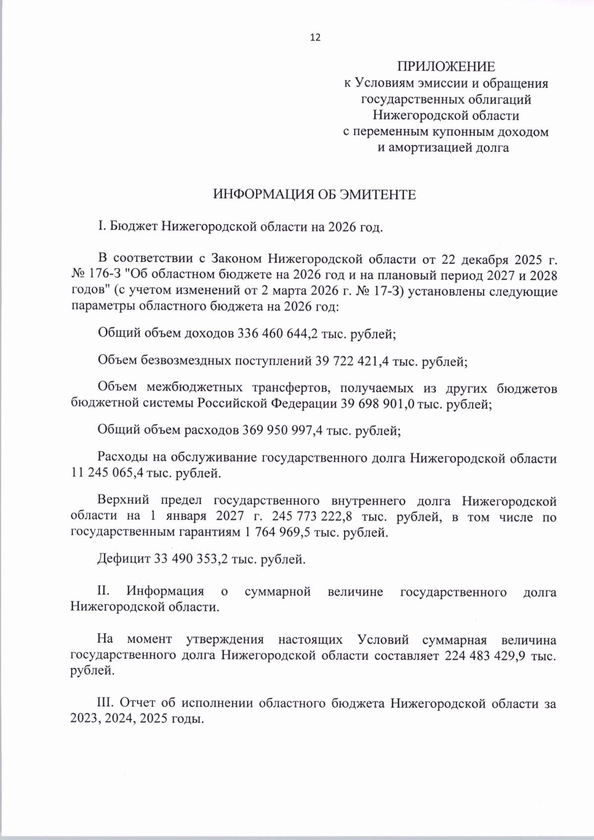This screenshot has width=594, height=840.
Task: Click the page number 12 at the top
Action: tap(315, 38)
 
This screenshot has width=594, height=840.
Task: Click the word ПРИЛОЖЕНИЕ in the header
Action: tap(446, 66)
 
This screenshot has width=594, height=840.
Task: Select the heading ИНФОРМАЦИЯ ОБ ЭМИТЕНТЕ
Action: tap(314, 194)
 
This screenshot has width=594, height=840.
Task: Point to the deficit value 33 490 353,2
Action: tap(192, 560)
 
